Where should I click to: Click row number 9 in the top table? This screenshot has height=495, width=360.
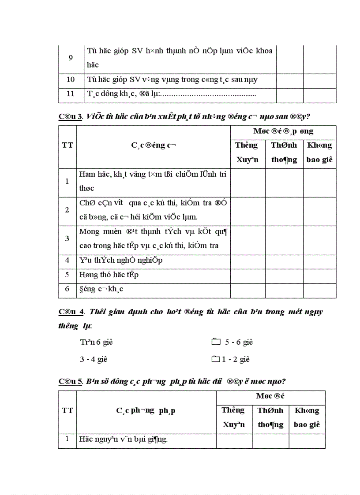(x=71, y=58)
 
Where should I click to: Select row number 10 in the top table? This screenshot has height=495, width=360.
(x=71, y=80)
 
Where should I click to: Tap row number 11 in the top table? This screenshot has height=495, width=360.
(x=71, y=94)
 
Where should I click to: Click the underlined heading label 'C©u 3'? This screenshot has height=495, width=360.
(x=71, y=116)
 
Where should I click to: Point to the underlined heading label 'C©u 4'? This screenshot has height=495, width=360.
(x=71, y=312)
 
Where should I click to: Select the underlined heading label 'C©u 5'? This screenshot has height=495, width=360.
(x=71, y=381)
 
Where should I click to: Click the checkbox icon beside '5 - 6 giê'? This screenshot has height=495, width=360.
(x=215, y=342)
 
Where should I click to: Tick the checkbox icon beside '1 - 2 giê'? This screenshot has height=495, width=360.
(x=215, y=359)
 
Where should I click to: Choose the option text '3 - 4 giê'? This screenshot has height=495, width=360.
(x=94, y=359)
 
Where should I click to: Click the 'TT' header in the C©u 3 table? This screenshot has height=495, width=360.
(x=67, y=145)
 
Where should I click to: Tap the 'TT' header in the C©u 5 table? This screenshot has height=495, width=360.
(x=67, y=410)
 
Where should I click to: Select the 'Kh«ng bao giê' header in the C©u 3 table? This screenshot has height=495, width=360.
(x=319, y=152)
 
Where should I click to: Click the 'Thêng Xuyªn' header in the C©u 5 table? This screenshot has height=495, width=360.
(x=234, y=417)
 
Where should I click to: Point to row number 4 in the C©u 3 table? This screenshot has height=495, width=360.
(x=67, y=260)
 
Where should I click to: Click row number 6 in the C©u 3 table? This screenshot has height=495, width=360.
(x=67, y=290)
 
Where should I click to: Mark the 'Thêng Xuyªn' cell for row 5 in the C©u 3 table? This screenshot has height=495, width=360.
(x=247, y=275)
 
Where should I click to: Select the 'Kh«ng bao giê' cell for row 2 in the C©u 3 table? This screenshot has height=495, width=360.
(x=319, y=210)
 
